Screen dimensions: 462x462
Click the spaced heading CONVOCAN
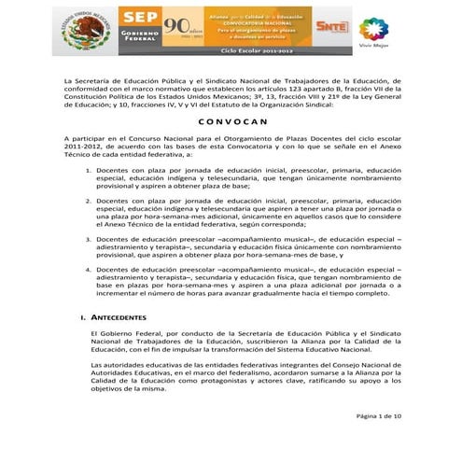(x=230, y=121)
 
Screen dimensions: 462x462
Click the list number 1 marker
(x=87, y=172)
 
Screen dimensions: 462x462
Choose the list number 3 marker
(x=87, y=238)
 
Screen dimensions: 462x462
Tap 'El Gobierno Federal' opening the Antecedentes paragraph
(x=119, y=332)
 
